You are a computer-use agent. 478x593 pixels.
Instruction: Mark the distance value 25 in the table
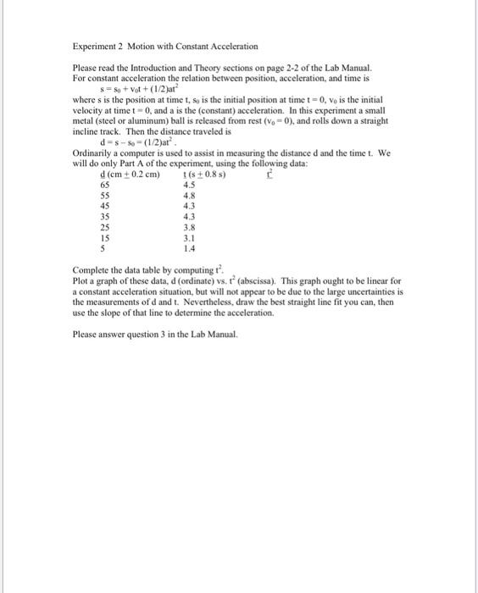pos(105,227)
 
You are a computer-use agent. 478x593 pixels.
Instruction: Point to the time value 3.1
pos(190,238)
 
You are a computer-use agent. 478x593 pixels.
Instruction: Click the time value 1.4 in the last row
pos(190,249)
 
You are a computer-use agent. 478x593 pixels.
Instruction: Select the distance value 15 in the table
pos(105,238)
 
